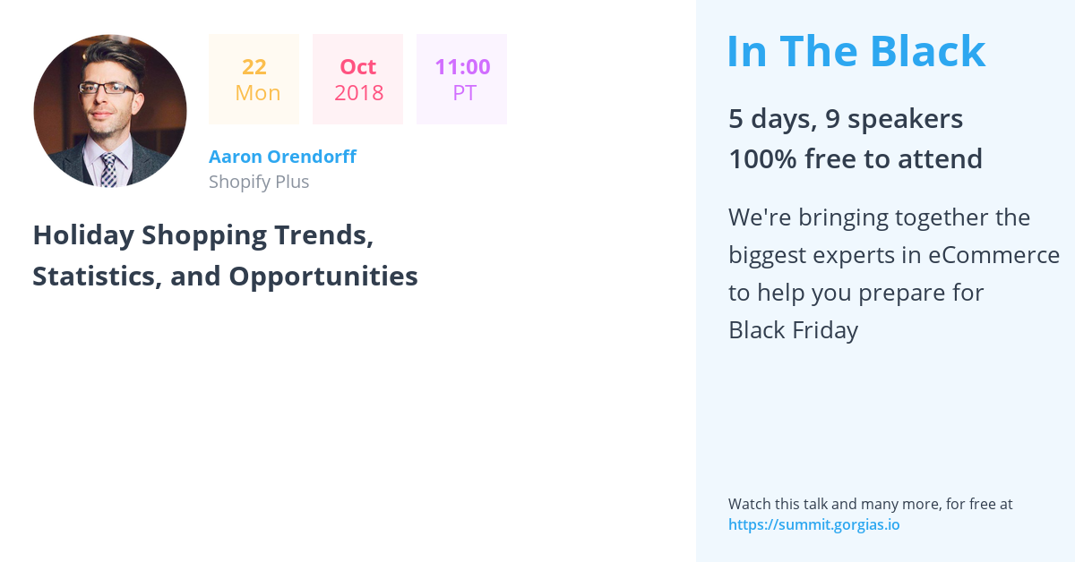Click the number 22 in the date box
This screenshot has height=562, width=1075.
click(x=254, y=66)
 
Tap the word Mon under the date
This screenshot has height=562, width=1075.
click(x=258, y=92)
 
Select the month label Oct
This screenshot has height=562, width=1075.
click(x=358, y=66)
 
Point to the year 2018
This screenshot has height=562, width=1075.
click(x=359, y=92)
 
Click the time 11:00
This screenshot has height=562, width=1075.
click(x=462, y=66)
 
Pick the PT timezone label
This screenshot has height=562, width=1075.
click(x=465, y=92)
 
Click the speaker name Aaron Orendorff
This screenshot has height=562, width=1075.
click(x=282, y=157)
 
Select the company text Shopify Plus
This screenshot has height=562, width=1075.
click(x=259, y=182)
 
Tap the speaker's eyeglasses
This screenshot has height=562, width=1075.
click(x=108, y=89)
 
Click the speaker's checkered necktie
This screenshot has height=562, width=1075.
click(x=109, y=170)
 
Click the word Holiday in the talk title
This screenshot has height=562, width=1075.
click(x=83, y=235)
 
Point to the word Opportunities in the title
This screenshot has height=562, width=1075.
click(x=323, y=277)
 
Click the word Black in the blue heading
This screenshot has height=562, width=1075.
click(x=928, y=51)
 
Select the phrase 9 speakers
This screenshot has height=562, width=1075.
click(x=894, y=118)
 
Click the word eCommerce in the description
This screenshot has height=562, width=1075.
click(x=993, y=255)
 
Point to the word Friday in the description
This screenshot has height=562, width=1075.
click(x=825, y=330)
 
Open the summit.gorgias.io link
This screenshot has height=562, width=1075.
click(x=814, y=524)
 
